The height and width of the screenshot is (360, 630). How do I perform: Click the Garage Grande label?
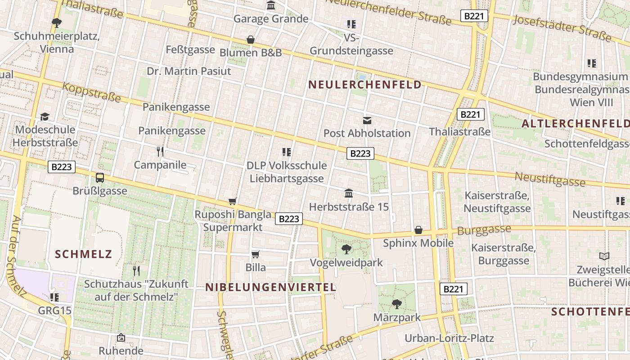coord(270,19)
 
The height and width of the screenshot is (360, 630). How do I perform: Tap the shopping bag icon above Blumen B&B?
coord(251,40)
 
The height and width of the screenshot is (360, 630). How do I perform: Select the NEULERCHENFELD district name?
coord(365,85)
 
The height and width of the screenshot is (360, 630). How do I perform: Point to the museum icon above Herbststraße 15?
coord(348,193)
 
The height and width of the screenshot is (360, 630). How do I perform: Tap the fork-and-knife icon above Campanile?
coord(160,151)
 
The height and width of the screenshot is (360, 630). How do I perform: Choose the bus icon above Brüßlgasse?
coord(100,177)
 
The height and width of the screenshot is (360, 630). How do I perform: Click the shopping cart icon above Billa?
coord(255,255)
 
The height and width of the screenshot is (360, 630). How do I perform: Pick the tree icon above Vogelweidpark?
coord(346,249)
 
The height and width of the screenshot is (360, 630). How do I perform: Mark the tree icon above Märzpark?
coord(396,304)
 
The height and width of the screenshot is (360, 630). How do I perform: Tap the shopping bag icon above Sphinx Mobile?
coord(418,230)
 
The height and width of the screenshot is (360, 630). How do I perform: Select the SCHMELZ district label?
coord(83,254)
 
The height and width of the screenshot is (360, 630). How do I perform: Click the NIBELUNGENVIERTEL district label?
coord(270,288)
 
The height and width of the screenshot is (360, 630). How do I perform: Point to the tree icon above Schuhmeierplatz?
coord(57,22)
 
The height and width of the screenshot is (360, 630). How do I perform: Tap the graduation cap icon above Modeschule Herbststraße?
coord(45,117)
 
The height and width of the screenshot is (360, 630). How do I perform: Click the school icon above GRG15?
coord(54,297)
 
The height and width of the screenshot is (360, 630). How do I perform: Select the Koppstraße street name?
coord(92,92)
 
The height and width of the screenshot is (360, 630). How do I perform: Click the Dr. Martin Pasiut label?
coord(189,71)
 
